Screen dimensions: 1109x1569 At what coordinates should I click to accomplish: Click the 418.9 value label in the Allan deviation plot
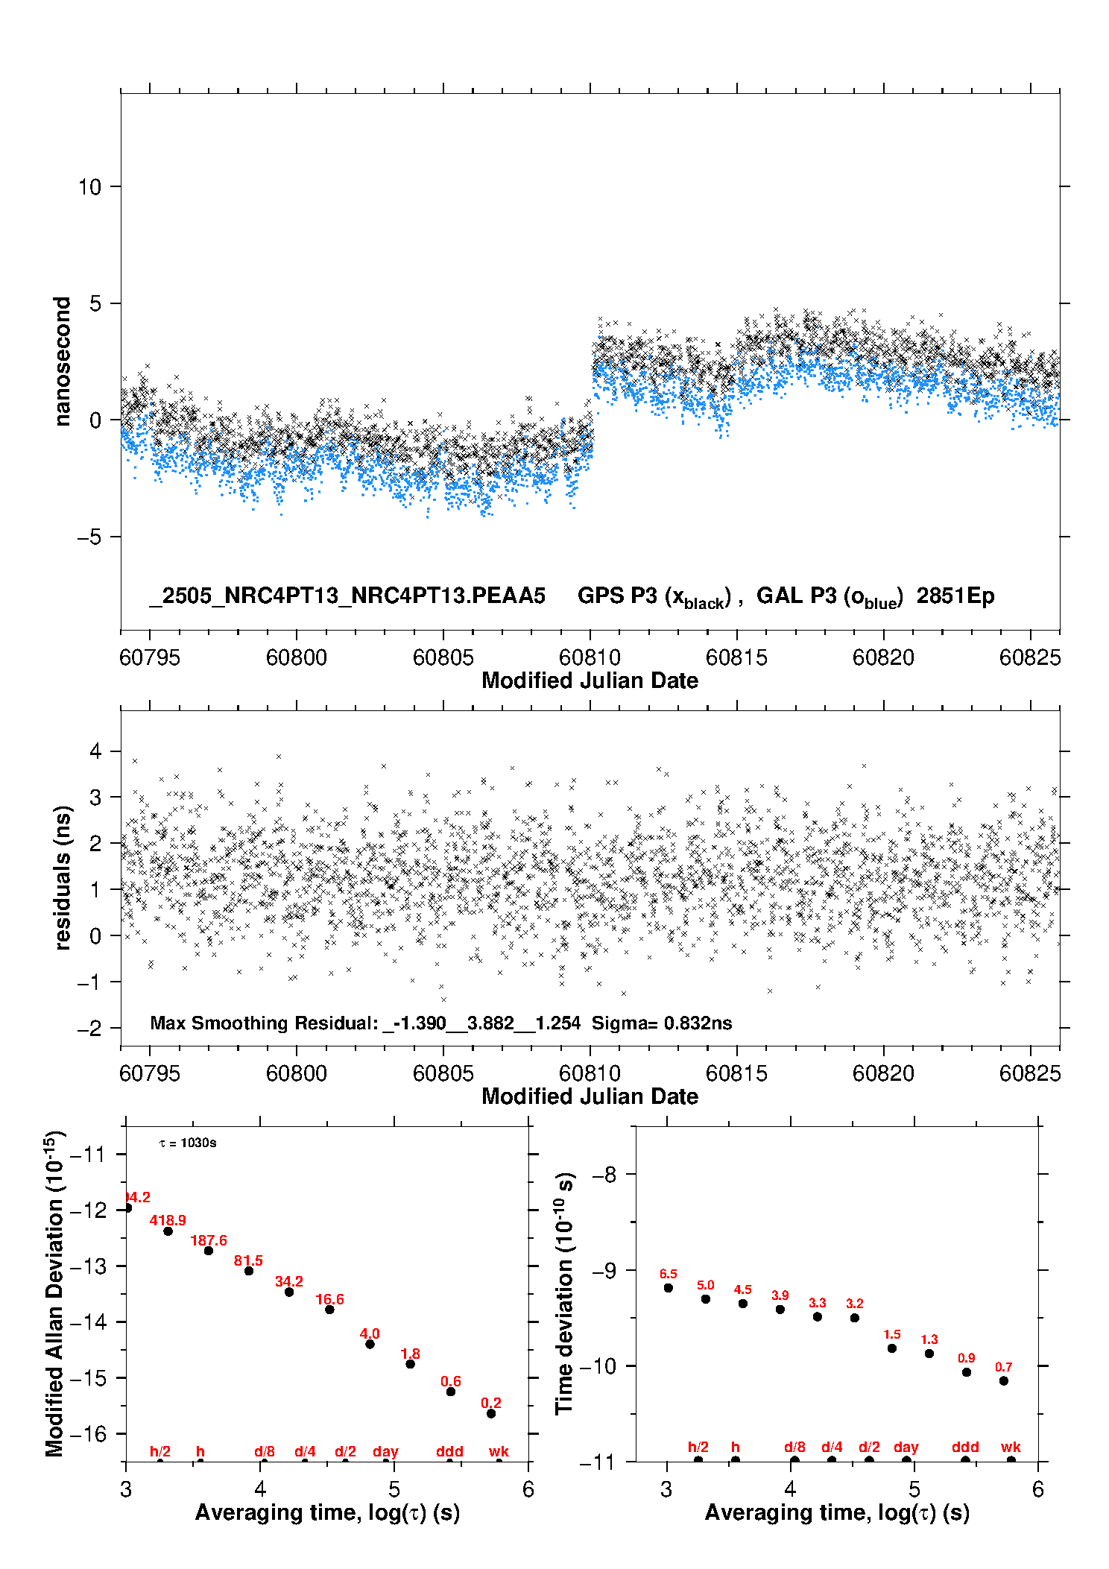168,1220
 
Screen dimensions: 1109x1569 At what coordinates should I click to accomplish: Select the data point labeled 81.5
249,1271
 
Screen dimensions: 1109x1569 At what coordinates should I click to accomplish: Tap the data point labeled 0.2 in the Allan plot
491,1413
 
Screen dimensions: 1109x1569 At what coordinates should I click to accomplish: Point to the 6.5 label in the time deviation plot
669,1274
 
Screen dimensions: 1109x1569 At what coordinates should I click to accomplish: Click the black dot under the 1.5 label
892,1348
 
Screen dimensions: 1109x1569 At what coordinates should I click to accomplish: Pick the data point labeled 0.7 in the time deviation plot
1004,1380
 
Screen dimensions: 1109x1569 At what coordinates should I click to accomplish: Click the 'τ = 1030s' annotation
188,1143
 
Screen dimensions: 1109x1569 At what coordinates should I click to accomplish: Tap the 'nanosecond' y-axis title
63,362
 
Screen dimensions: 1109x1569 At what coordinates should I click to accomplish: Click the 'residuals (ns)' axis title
63,877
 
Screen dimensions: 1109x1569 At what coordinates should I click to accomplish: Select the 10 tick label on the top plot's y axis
89,187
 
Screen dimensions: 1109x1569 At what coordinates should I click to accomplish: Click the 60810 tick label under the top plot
590,657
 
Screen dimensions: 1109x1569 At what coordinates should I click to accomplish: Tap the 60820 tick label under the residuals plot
883,1073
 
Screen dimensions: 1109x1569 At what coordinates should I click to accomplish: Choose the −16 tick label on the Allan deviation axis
87,1433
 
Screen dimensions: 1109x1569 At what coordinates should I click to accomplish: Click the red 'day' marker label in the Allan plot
385,1451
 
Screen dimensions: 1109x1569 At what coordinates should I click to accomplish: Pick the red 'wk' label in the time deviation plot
1011,1447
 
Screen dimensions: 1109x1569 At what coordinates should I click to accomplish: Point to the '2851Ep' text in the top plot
955,596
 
